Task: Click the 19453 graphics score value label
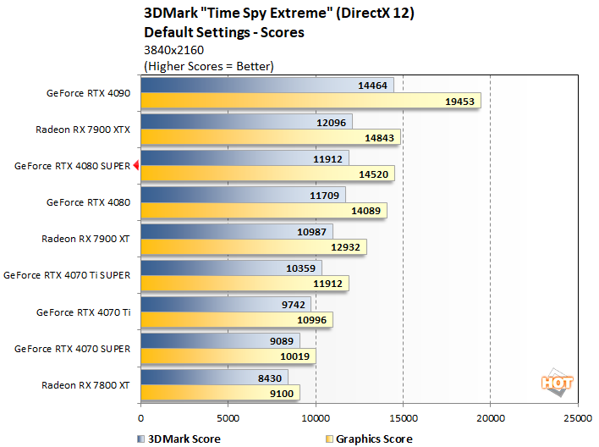coord(460,101)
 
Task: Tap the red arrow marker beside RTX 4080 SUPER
coord(136,166)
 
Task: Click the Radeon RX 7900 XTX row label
coord(83,130)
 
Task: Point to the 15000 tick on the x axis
coord(403,417)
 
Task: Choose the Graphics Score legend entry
coord(371,439)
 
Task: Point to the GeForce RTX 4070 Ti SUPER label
coord(68,275)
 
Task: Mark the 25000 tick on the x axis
coord(578,417)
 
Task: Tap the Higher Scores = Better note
coord(209,65)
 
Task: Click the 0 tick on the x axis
coord(140,417)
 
